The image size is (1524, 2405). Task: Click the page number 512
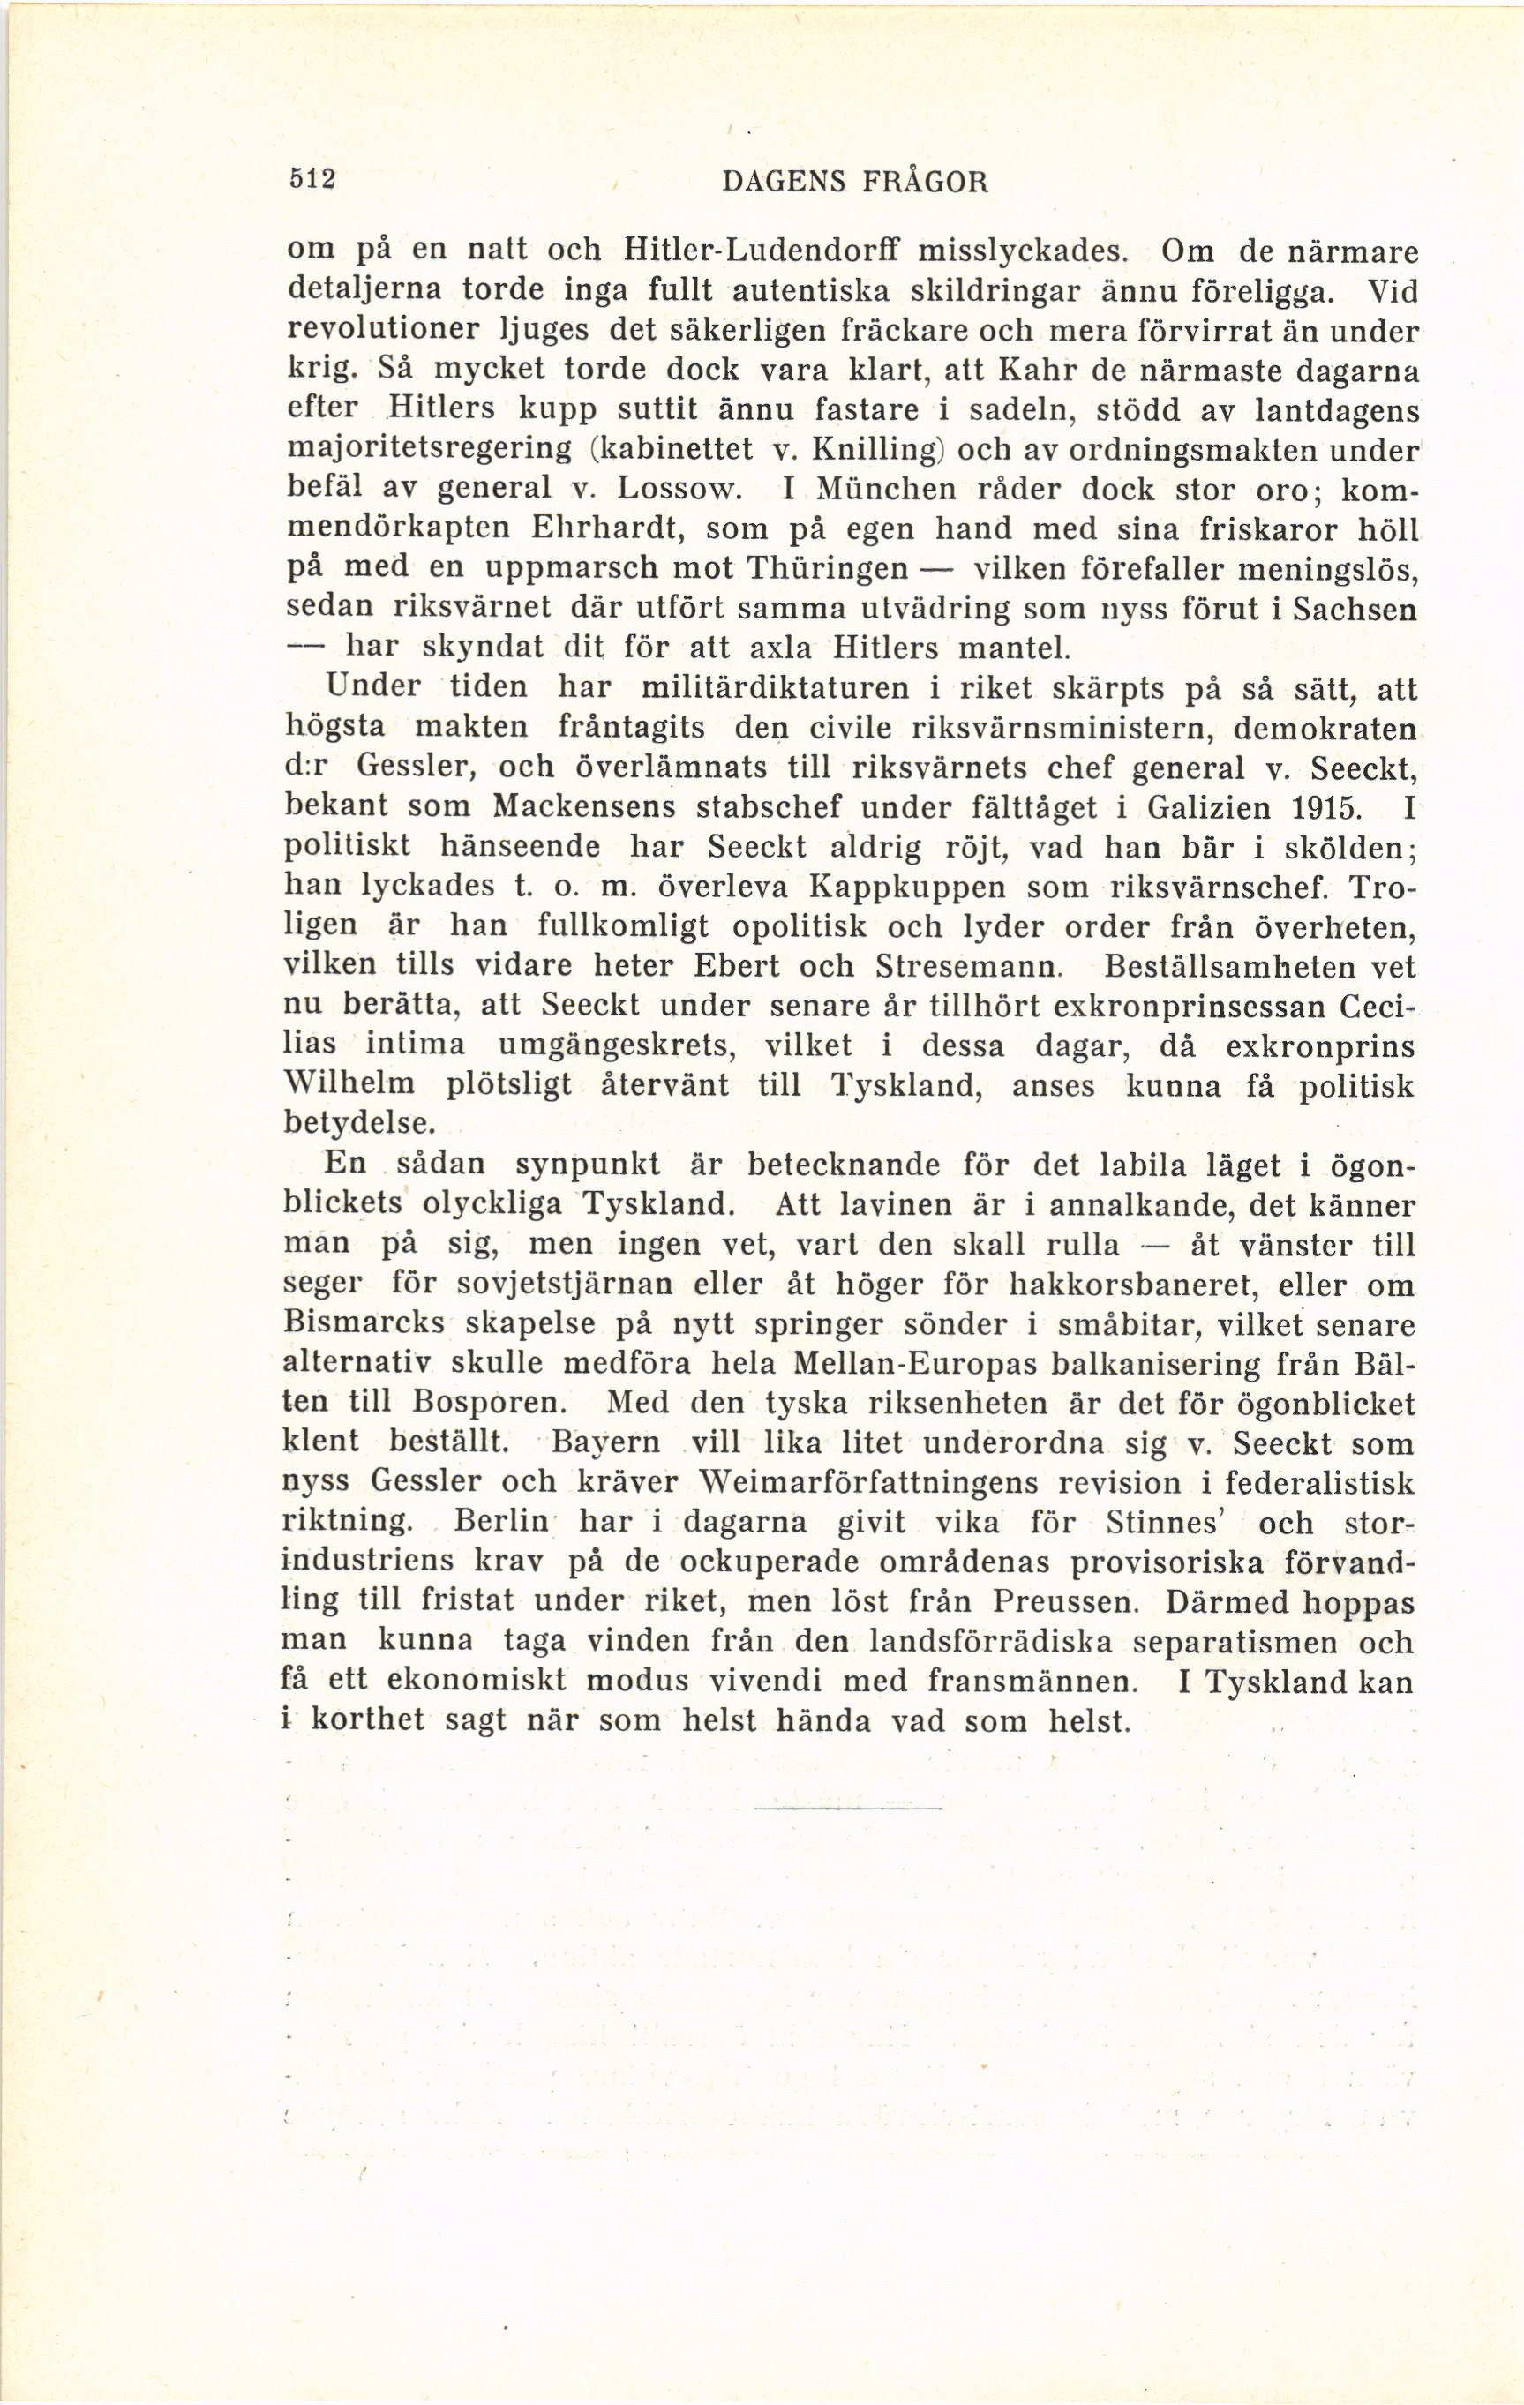[310, 182]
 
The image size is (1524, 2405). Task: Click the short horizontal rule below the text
[848, 1809]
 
